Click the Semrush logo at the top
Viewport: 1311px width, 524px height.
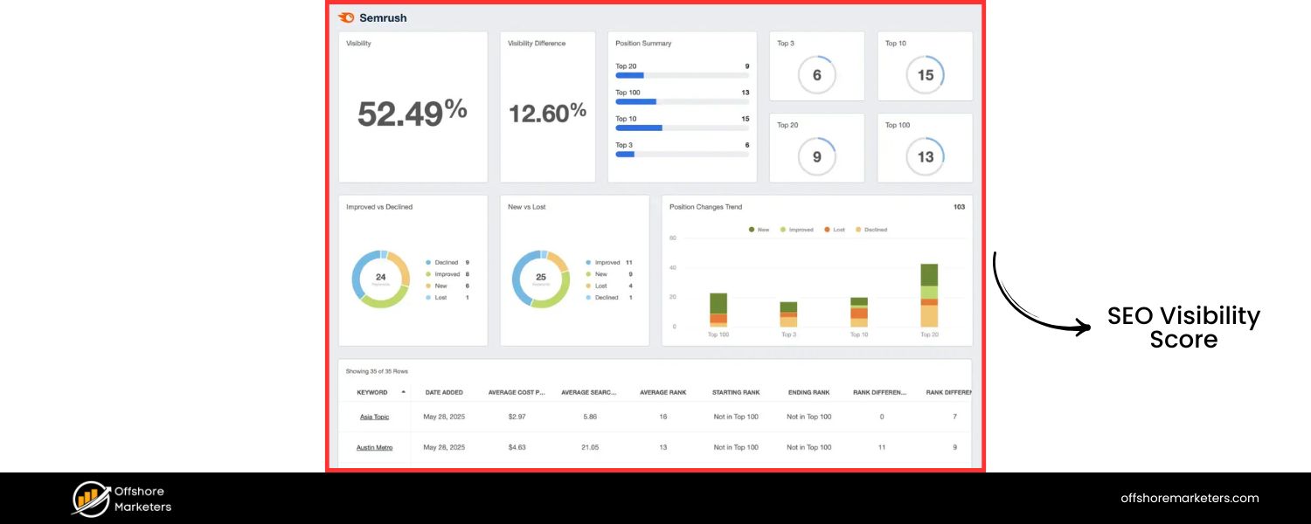[372, 17]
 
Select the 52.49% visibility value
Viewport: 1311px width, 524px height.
[412, 113]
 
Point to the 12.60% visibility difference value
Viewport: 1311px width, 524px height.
[547, 113]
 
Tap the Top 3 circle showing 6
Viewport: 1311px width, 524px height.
[816, 75]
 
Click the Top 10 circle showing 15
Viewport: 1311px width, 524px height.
[925, 75]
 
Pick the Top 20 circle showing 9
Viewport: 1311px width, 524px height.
[816, 157]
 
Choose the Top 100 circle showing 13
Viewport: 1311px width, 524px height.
[925, 157]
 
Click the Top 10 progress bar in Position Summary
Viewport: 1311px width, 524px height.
[682, 128]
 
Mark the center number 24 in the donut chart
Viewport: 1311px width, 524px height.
[380, 278]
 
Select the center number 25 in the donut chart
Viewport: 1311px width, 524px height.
[540, 278]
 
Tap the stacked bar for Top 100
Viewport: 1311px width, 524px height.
[718, 310]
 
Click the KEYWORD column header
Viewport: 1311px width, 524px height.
[372, 392]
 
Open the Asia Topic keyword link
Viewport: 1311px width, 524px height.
[374, 417]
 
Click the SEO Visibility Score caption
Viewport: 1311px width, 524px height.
[1183, 327]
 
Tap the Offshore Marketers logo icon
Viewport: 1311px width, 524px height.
[91, 499]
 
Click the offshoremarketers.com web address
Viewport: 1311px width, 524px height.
[1190, 498]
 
